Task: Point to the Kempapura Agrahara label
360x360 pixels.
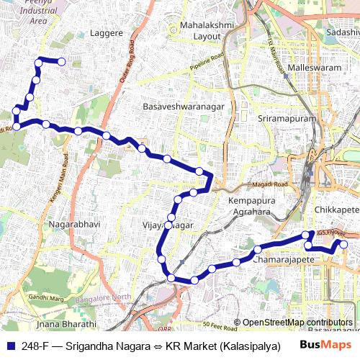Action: [x=253, y=206]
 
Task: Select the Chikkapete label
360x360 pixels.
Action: [x=336, y=209]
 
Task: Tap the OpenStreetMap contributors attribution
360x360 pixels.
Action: [x=297, y=323]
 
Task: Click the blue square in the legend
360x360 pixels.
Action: [x=9, y=346]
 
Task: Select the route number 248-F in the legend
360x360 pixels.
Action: [x=35, y=346]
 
